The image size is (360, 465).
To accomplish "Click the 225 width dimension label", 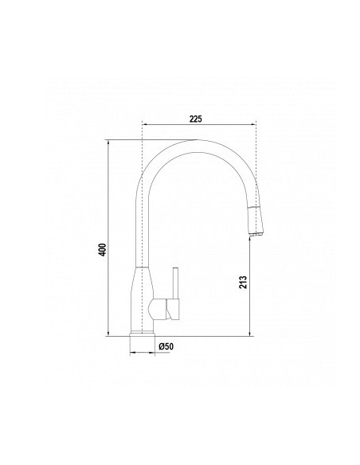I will pos(198,119).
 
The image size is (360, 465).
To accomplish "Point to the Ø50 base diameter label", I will pos(167,346).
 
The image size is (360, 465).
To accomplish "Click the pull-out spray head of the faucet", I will pos(256,218).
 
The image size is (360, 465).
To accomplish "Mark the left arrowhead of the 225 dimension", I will pos(143,126).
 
